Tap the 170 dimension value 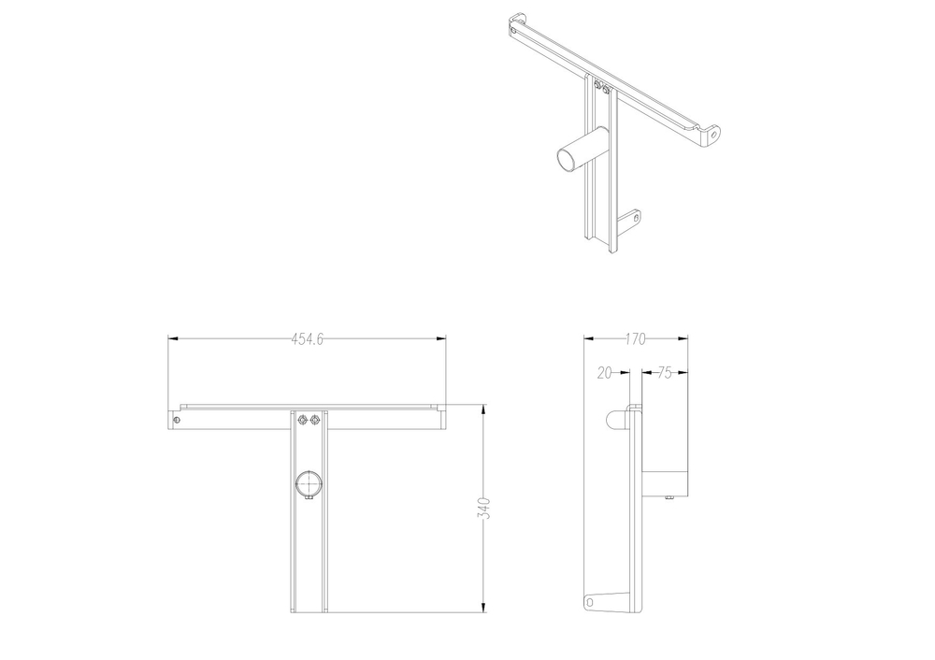pyautogui.click(x=636, y=339)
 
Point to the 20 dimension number pyautogui.click(x=604, y=373)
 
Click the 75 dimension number pyautogui.click(x=665, y=373)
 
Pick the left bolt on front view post pyautogui.click(x=301, y=420)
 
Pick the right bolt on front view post pyautogui.click(x=315, y=420)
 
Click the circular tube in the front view pyautogui.click(x=308, y=483)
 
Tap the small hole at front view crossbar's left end pyautogui.click(x=177, y=420)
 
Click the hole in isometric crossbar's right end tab pyautogui.click(x=714, y=134)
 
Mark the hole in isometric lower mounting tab pyautogui.click(x=636, y=218)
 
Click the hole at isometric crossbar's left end pyautogui.click(x=515, y=30)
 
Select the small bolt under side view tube pyautogui.click(x=669, y=498)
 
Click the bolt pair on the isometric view pyautogui.click(x=602, y=90)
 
